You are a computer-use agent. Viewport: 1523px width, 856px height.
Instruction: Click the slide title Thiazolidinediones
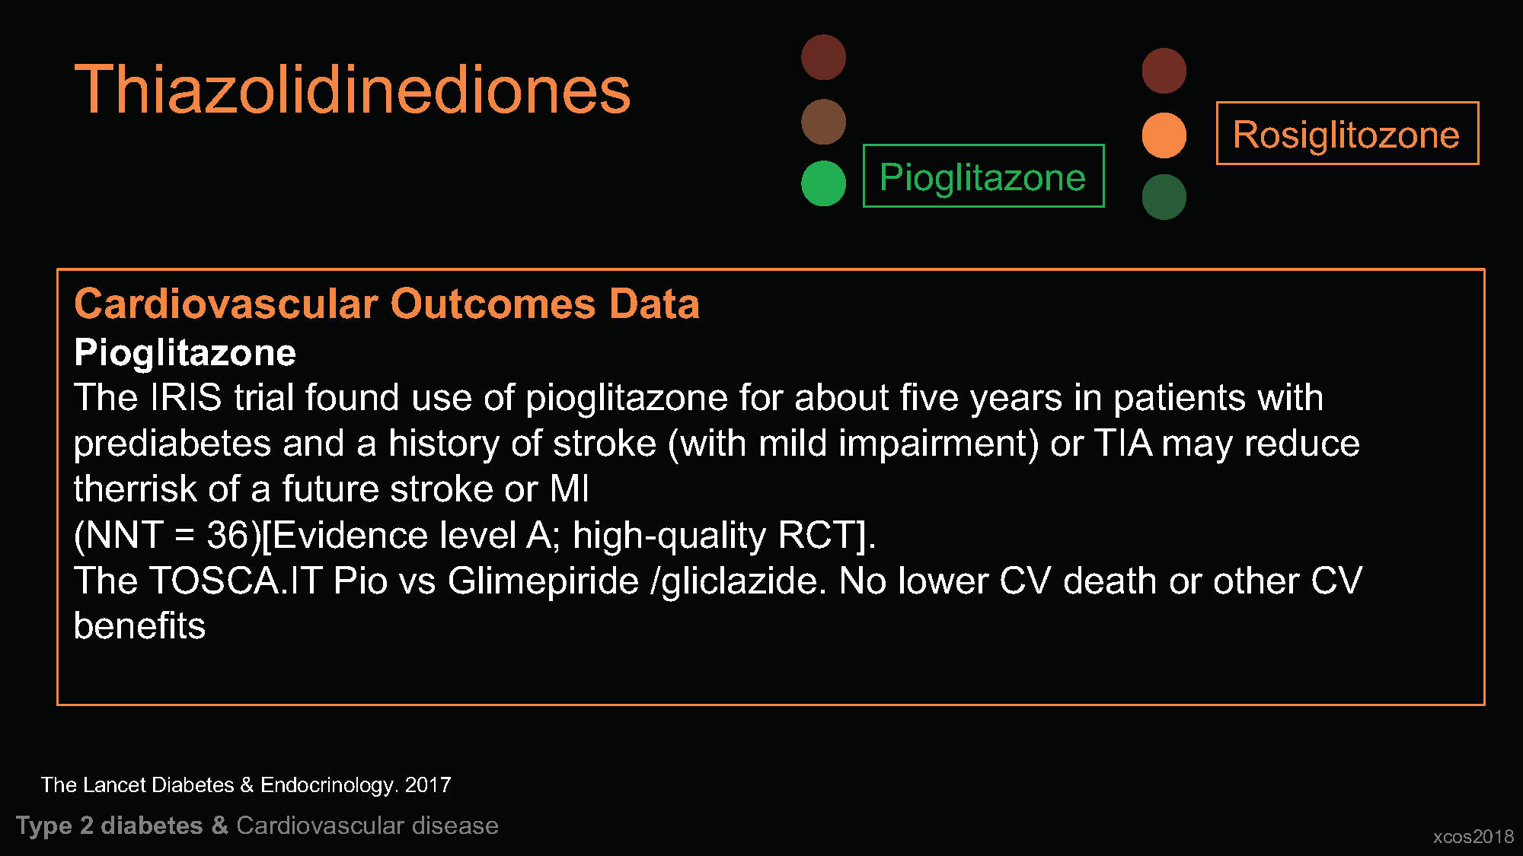pyautogui.click(x=353, y=90)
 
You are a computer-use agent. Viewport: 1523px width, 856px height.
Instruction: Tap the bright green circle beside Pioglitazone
pyautogui.click(x=823, y=183)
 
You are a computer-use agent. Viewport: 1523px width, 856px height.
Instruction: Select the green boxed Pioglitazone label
pyautogui.click(x=983, y=176)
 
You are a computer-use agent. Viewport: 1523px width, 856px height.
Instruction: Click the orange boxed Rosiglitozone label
pyautogui.click(x=1347, y=133)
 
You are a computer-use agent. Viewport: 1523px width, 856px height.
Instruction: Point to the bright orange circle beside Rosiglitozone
pyautogui.click(x=1164, y=135)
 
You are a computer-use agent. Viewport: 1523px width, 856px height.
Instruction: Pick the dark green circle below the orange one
pyautogui.click(x=1164, y=197)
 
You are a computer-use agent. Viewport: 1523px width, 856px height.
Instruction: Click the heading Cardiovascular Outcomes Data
pyautogui.click(x=387, y=304)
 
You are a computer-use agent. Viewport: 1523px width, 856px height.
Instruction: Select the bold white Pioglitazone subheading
pyautogui.click(x=185, y=353)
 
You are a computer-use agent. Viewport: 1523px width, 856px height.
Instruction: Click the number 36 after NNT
pyautogui.click(x=228, y=535)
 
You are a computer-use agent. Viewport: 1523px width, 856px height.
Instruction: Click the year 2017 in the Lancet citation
pyautogui.click(x=428, y=784)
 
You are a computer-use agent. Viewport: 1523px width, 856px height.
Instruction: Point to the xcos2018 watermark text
pyautogui.click(x=1474, y=836)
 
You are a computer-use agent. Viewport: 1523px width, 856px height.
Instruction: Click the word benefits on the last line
pyautogui.click(x=139, y=626)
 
